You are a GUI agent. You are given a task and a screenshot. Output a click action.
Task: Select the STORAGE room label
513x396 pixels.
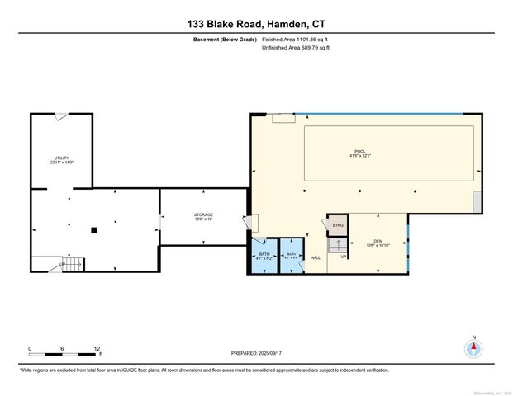pyautogui.click(x=203, y=217)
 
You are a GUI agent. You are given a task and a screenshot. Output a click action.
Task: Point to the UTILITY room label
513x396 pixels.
pyautogui.click(x=61, y=160)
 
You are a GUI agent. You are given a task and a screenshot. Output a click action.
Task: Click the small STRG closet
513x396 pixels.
pyautogui.click(x=337, y=224)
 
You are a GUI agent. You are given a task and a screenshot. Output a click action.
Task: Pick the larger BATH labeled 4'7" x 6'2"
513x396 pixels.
pyautogui.click(x=264, y=257)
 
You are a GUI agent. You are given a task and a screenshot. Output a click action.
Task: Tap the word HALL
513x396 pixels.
pyautogui.click(x=316, y=258)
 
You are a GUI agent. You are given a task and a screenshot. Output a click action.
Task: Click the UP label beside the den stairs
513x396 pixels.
pyautogui.click(x=344, y=257)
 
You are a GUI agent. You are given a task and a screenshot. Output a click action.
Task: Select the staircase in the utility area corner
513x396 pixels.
pyautogui.click(x=72, y=264)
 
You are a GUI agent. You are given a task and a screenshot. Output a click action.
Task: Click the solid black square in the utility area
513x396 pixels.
pyautogui.click(x=95, y=229)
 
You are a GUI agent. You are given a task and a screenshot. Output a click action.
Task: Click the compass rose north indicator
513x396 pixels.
pyautogui.click(x=473, y=346)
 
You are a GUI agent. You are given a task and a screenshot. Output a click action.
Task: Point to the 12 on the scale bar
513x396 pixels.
pyautogui.click(x=97, y=348)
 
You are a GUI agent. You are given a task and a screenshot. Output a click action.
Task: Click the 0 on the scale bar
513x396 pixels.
pyautogui.click(x=30, y=348)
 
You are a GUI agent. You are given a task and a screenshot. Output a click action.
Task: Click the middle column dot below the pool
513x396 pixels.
pyautogui.click(x=360, y=191)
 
